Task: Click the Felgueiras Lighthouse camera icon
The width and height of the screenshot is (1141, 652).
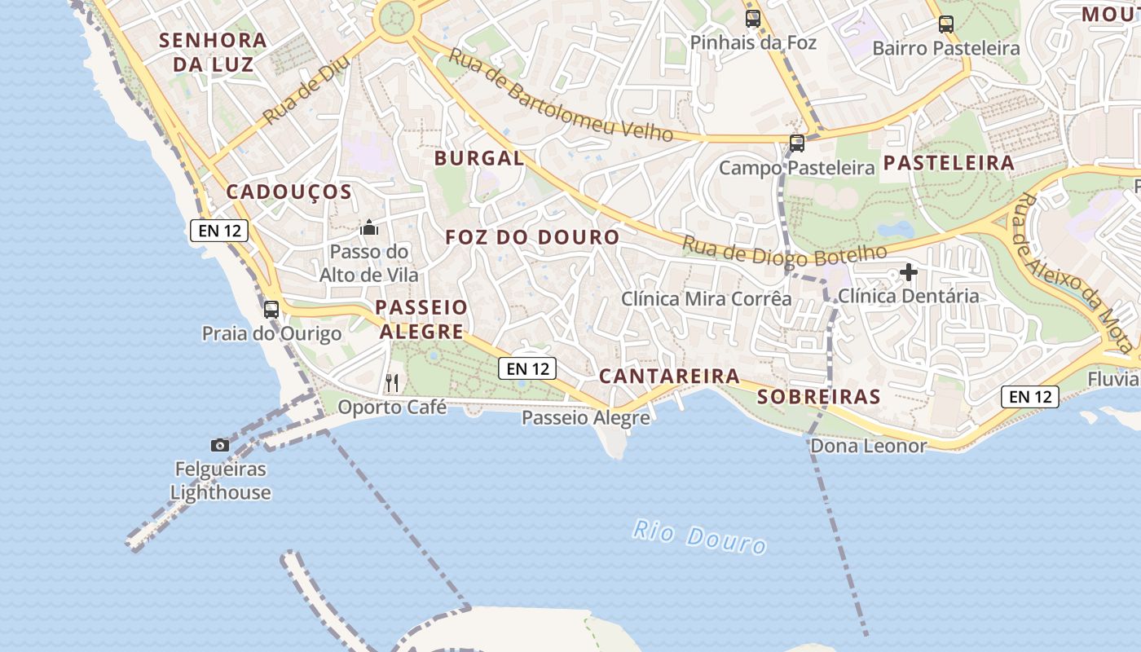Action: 220,445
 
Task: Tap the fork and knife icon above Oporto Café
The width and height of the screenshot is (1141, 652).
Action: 392,382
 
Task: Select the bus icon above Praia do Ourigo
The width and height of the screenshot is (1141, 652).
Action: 271,310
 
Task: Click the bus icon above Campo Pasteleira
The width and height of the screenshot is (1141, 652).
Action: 797,143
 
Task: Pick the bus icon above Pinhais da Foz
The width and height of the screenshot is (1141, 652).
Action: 753,18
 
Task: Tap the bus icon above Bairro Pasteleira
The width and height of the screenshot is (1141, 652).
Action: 946,24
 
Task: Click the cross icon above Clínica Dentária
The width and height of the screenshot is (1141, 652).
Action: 909,272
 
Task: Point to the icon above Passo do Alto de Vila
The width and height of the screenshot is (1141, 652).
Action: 369,227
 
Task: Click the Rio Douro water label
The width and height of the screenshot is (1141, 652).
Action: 700,537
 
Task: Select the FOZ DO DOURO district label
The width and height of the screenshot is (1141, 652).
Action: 532,237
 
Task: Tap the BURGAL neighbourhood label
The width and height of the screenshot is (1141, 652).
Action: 479,158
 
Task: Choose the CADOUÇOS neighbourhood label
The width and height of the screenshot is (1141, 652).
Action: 289,192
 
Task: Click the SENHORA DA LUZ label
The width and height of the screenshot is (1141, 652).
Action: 213,51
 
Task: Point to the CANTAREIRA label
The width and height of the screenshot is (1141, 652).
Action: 669,376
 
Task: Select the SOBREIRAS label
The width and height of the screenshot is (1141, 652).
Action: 819,397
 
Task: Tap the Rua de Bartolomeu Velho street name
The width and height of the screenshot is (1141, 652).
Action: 561,95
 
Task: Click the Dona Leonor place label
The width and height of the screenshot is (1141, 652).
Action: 868,446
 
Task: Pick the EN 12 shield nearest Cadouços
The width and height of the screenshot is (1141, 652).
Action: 219,231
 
